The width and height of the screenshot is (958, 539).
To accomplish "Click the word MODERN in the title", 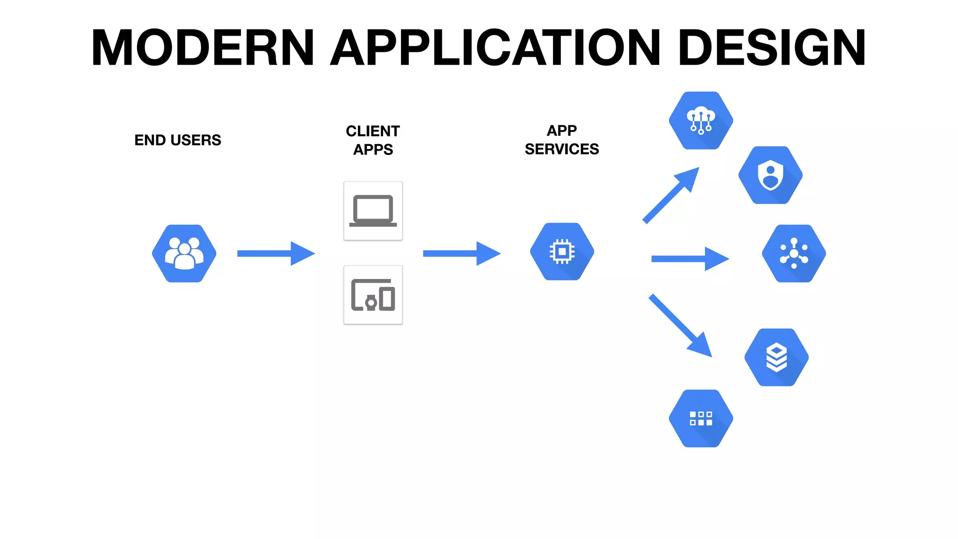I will (x=203, y=48).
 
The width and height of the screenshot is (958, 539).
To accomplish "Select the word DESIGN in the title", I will (x=771, y=48).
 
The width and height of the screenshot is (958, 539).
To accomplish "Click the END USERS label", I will (x=177, y=140).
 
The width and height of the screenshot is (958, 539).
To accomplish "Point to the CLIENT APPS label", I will (x=373, y=140).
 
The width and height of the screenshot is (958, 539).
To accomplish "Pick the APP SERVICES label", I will (x=561, y=139).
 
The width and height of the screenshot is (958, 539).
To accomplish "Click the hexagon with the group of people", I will (x=184, y=254).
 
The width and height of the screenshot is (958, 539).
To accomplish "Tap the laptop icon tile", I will (x=373, y=211).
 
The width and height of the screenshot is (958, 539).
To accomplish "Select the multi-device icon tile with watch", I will (x=373, y=295).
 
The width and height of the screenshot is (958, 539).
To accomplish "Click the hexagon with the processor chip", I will (x=562, y=252).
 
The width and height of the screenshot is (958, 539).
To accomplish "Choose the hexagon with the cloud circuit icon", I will (x=701, y=121).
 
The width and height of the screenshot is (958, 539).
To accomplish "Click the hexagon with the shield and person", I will (x=770, y=175).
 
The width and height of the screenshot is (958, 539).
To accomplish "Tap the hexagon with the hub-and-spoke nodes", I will (x=794, y=254).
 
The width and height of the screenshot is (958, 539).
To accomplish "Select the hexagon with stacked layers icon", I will (x=777, y=357).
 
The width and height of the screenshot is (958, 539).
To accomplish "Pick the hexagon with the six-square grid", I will (x=701, y=418).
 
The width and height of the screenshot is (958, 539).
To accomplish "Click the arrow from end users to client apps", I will (x=276, y=254).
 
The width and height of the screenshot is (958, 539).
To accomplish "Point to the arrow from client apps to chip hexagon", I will (x=462, y=254).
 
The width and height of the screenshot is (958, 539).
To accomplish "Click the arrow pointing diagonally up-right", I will (x=671, y=195).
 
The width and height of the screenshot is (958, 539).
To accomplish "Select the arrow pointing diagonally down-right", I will (x=680, y=325).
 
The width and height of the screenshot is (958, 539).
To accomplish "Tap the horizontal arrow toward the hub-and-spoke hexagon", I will (x=690, y=259).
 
